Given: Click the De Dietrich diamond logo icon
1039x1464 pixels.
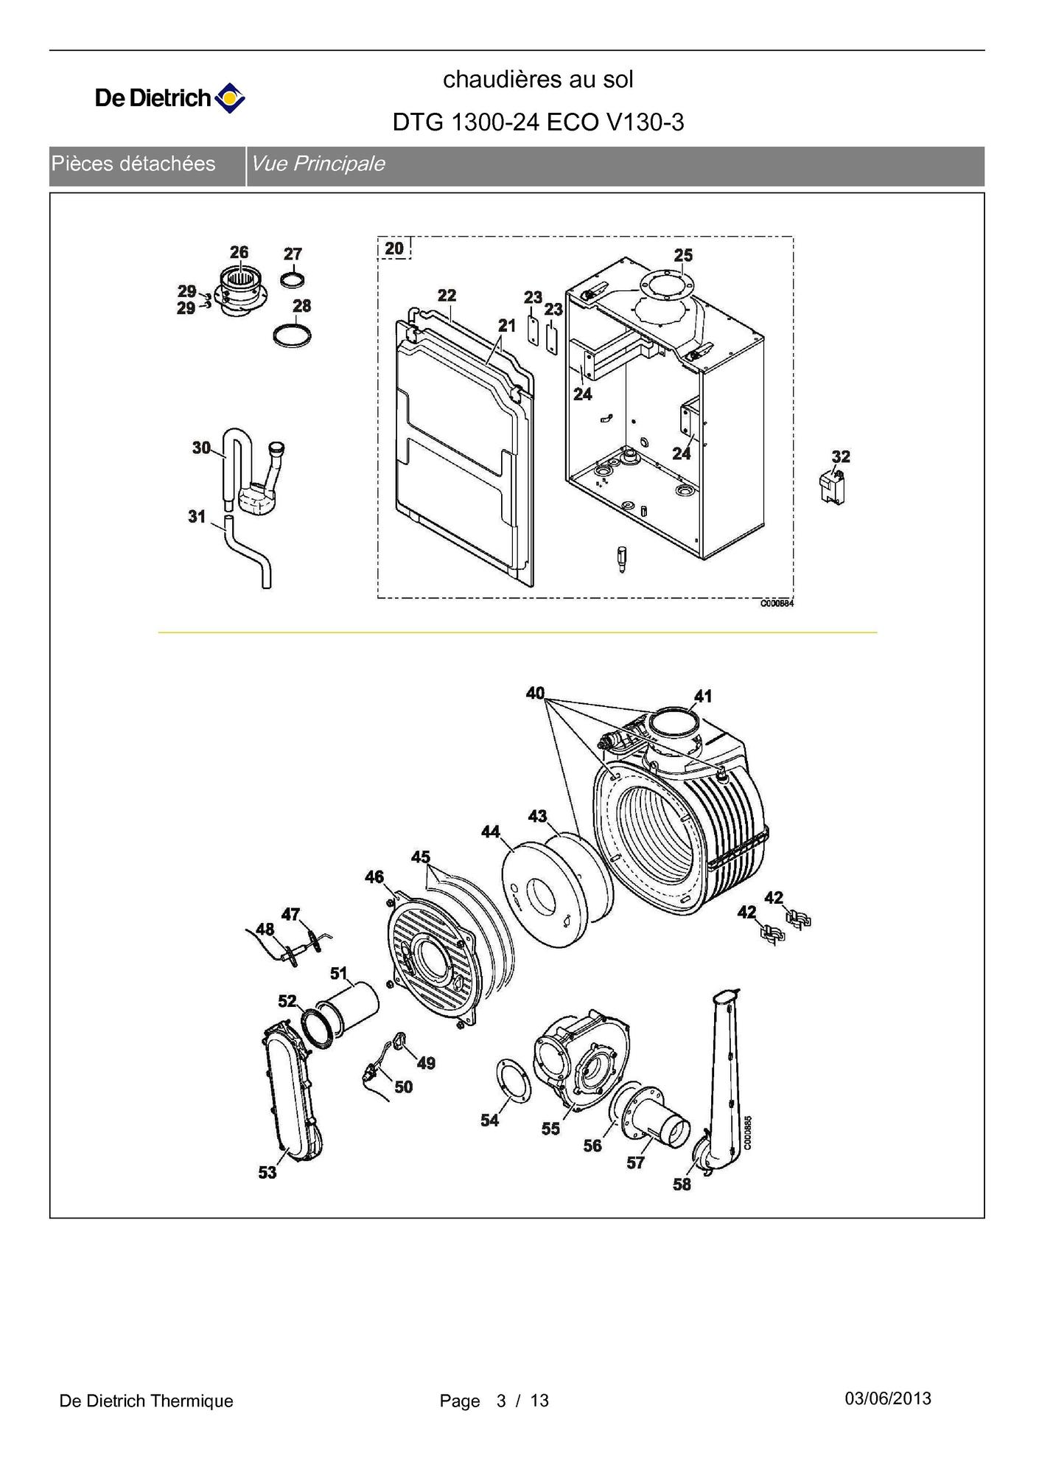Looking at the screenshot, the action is pos(229,98).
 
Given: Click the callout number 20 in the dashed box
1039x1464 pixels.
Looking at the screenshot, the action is pos(394,248).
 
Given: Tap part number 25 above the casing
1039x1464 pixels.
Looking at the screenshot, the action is pos(683,255).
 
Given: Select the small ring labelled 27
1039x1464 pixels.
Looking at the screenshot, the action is pos(293,280).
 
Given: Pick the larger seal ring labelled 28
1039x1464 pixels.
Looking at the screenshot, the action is pos(292,335).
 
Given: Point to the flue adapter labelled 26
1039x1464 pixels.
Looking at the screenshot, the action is pos(239,290).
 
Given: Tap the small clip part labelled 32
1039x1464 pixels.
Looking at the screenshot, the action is pos(832,487).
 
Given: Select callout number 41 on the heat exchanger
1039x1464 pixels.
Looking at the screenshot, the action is pos(703,696).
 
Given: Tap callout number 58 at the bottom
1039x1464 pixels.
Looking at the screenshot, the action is pos(682,1184).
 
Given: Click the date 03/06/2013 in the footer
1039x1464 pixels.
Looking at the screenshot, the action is pos(888,1398).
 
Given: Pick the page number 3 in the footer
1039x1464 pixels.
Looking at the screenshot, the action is pos(502,1401).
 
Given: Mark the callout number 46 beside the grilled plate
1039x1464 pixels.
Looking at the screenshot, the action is pos(374,876).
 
